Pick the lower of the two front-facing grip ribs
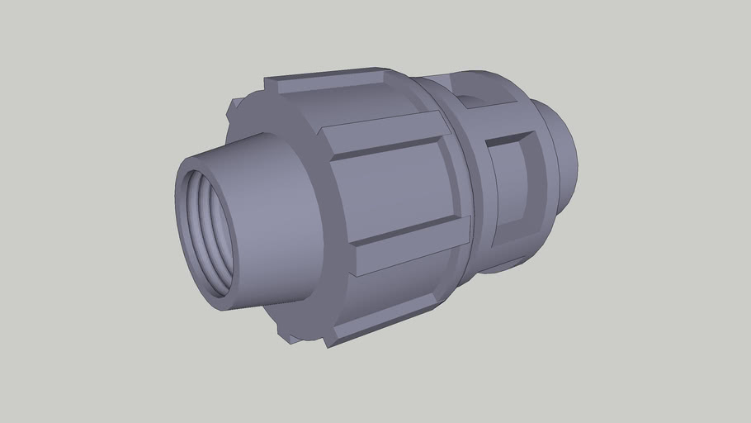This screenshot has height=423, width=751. coord(413,245)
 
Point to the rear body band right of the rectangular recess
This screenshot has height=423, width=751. coord(541,190)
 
